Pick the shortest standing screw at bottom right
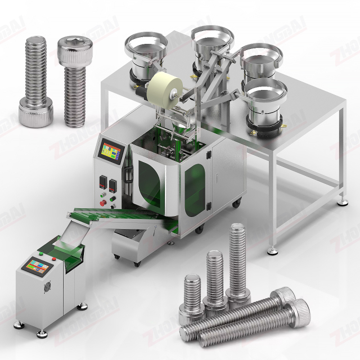pos(192,298)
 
